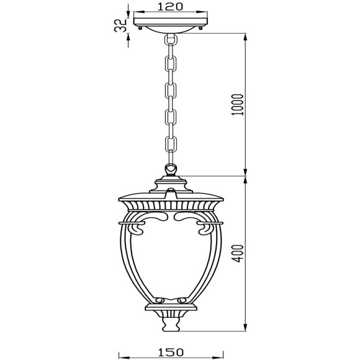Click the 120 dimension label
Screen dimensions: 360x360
170,6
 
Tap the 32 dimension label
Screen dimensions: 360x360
120,25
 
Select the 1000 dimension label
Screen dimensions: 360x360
237,105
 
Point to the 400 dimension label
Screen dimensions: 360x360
237,253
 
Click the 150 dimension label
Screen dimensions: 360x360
171,352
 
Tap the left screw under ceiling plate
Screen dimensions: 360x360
140,28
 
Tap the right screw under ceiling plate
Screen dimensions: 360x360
201,28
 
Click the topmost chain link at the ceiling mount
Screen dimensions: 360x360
171,40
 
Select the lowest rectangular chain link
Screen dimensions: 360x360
171,143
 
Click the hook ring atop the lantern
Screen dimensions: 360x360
171,169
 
